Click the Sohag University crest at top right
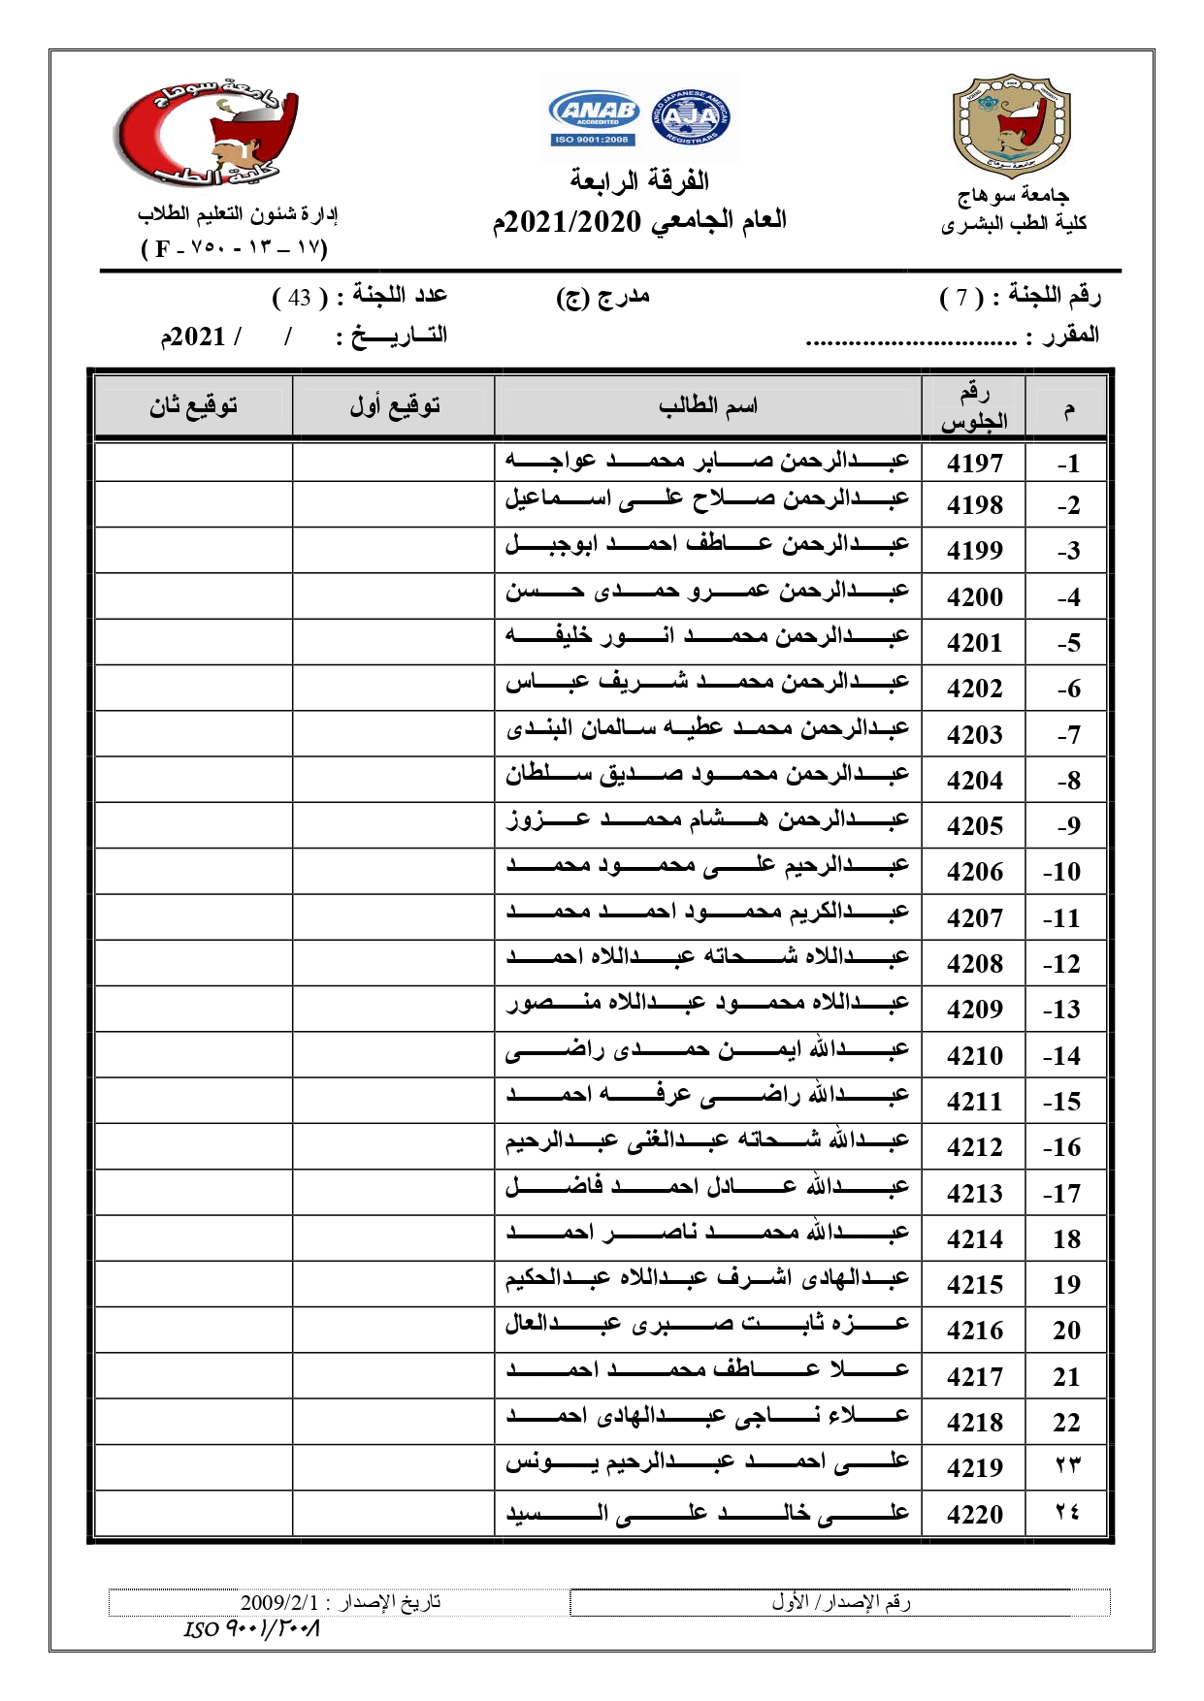tap(1012, 126)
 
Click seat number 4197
tap(974, 464)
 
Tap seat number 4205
tap(974, 826)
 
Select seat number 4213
tap(974, 1193)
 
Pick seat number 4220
tap(974, 1514)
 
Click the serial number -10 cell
tap(1065, 872)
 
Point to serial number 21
tap(1065, 1376)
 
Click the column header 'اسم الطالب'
tap(707, 406)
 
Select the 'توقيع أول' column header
tap(394, 406)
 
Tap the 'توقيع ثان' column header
tap(193, 406)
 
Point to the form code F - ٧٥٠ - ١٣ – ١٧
tap(235, 248)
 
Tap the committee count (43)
tap(298, 297)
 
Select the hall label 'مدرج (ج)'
tap(602, 297)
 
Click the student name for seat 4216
tap(707, 1322)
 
